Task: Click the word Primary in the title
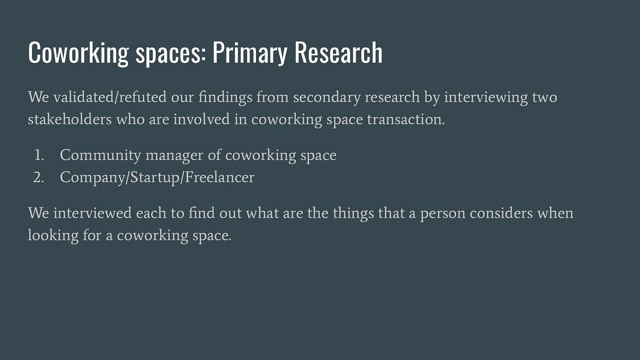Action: click(x=250, y=53)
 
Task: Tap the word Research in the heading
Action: click(x=338, y=52)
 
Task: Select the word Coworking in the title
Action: click(x=78, y=53)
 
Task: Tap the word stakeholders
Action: click(x=69, y=119)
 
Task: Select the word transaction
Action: click(x=406, y=119)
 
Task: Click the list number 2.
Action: click(x=38, y=178)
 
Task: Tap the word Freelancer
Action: click(x=220, y=177)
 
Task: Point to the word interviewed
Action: click(x=92, y=213)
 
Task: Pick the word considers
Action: click(x=501, y=213)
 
